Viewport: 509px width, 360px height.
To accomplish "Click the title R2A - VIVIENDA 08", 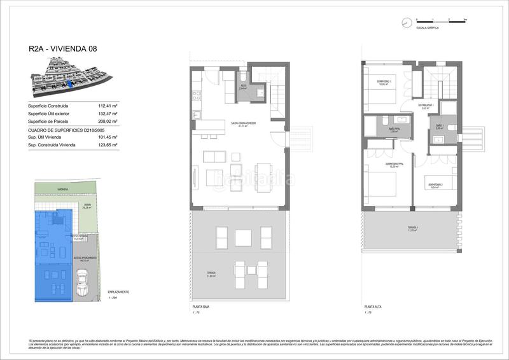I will [63, 48].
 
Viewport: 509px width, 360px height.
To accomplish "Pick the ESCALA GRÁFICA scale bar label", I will [426, 29].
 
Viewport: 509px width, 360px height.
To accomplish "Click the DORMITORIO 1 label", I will [384, 82].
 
